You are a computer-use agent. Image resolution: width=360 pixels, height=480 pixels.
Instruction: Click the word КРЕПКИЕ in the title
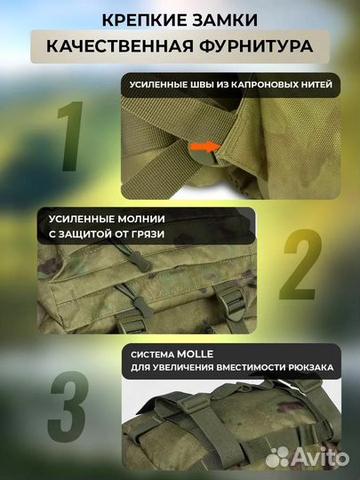[144, 20]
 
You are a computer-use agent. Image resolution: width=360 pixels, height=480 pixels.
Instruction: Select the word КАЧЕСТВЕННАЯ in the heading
[120, 46]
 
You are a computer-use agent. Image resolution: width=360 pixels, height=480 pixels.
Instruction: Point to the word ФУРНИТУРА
[256, 46]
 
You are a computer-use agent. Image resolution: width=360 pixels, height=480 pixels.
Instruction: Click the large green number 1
[72, 136]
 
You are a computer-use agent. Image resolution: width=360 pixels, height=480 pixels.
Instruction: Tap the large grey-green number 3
[68, 406]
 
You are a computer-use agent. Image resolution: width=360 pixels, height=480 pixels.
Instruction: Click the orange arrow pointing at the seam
[205, 147]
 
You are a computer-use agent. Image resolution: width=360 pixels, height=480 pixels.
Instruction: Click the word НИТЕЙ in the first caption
[316, 84]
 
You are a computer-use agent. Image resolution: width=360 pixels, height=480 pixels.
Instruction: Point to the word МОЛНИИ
[141, 219]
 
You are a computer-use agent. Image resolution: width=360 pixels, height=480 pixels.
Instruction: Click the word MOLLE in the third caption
[195, 354]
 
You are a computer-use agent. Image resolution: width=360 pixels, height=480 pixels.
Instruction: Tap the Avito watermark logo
[307, 458]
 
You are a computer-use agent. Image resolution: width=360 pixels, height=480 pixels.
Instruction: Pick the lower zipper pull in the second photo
[143, 306]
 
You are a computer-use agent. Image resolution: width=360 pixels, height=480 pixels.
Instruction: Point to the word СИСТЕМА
[153, 355]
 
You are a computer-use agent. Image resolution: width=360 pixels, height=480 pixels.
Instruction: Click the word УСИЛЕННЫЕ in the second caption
[82, 219]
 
